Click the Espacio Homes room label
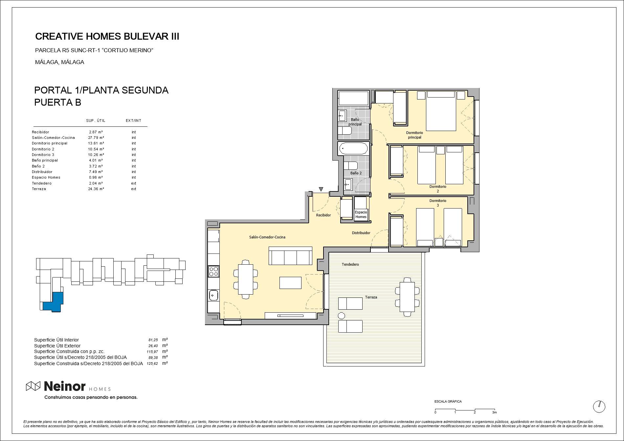coord(361,214)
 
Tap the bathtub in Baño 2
coord(353,148)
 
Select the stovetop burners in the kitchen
coord(213,271)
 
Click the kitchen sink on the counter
coord(213,295)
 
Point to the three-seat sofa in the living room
coord(290,256)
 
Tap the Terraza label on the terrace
coord(371,297)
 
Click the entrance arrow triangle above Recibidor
coord(321,189)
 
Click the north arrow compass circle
coord(599,407)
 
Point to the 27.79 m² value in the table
coord(96,138)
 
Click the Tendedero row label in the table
coord(42,183)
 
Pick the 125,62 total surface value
coord(152,364)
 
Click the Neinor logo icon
coord(33,386)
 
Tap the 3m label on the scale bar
coord(494,412)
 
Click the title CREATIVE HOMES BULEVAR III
coord(107,36)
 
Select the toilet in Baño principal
coord(345,131)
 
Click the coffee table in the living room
coord(290,283)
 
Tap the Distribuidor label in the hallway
coord(361,233)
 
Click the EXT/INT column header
coord(133,121)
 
